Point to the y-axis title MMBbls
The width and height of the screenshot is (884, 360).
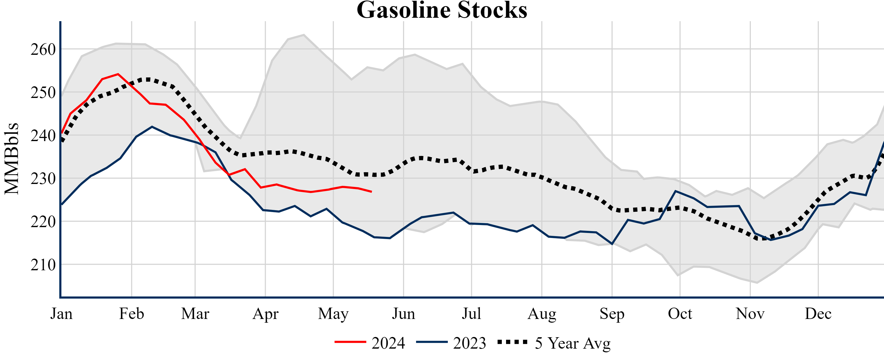(12, 159)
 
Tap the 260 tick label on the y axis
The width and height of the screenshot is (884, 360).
(43, 50)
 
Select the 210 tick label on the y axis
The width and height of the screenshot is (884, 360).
(43, 265)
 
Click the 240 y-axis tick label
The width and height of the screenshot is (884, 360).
(43, 136)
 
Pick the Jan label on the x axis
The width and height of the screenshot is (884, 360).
(61, 314)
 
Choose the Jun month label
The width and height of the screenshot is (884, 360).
(404, 314)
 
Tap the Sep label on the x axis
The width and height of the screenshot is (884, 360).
(612, 314)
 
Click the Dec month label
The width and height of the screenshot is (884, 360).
(818, 314)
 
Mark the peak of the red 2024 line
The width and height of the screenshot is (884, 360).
(118, 74)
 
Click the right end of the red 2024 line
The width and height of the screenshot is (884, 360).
(371, 191)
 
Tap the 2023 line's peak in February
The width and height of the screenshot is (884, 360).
(152, 127)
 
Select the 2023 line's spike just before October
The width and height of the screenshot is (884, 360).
(675, 191)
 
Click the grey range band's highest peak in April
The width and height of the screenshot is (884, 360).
(304, 34)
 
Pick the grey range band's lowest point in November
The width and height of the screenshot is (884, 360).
(757, 283)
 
